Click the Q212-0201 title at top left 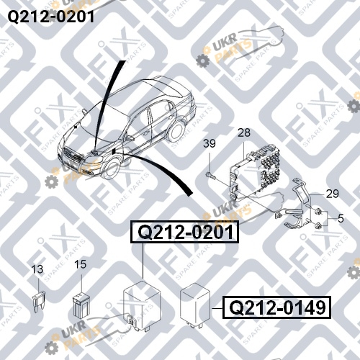tap(51, 17)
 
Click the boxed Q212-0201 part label tap(185, 232)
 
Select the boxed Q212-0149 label tap(276, 307)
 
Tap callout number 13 tap(37, 269)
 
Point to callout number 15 tap(80, 264)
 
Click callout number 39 tap(210, 143)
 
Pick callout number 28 tap(244, 132)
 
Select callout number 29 tap(333, 194)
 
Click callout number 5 tap(341, 218)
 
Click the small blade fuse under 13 tap(38, 301)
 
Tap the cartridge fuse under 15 tap(81, 305)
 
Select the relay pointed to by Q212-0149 tap(195, 305)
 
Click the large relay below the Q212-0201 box tap(142, 305)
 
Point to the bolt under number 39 tap(210, 175)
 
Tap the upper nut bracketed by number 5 tap(319, 212)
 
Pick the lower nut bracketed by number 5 tap(319, 225)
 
